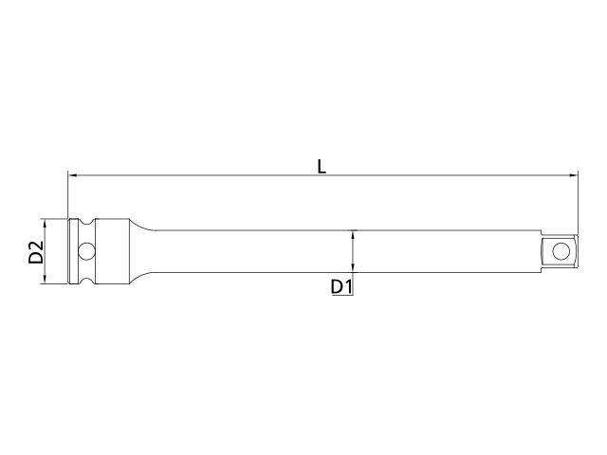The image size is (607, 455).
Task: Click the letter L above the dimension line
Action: pos(322,167)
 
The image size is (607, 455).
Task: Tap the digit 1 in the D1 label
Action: pos(348,287)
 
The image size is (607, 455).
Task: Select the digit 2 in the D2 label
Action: pos(36,246)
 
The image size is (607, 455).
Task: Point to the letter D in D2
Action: pos(36,258)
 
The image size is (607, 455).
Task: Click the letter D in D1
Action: pos(338,287)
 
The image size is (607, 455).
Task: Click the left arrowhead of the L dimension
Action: pos(72,175)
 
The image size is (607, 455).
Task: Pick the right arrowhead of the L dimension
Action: pos(573,175)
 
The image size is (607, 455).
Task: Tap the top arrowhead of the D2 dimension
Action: pos(45,224)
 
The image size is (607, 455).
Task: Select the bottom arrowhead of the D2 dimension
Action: pos(45,280)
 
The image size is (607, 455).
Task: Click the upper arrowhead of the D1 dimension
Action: pos(352,234)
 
